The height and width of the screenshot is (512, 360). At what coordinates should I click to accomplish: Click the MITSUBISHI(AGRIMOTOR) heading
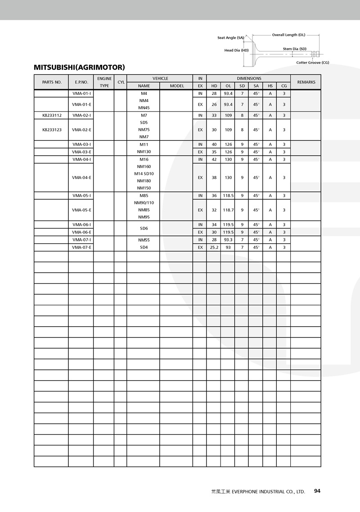(x=79, y=67)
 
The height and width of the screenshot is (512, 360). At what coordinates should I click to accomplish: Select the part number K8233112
(x=52, y=115)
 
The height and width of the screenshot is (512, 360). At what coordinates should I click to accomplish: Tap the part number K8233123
(x=52, y=130)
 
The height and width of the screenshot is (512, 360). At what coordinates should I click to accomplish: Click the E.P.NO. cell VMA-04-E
(x=81, y=177)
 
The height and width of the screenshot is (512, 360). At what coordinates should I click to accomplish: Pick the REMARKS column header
(x=306, y=82)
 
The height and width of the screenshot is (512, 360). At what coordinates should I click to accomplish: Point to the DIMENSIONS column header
(x=249, y=78)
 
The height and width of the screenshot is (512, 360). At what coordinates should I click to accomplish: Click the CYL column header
(x=121, y=82)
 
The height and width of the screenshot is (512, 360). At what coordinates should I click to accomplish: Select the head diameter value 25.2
(x=214, y=247)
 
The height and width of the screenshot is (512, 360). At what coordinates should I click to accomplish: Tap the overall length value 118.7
(x=228, y=210)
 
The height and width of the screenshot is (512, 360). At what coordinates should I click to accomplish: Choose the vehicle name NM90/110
(x=144, y=202)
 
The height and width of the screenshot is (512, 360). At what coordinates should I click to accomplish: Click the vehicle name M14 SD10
(x=144, y=174)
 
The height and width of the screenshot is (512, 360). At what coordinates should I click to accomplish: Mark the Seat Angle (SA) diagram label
(x=230, y=38)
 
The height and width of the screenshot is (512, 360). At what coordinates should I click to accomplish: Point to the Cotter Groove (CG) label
(x=312, y=63)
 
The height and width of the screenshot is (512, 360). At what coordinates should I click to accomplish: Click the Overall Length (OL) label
(x=288, y=35)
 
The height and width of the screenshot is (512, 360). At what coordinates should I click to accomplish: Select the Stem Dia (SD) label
(x=294, y=49)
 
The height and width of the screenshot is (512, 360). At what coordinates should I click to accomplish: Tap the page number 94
(x=317, y=491)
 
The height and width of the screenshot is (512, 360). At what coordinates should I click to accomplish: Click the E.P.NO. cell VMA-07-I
(x=81, y=240)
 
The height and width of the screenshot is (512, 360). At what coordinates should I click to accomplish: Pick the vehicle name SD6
(x=144, y=228)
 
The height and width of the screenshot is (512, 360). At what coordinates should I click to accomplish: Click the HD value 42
(x=214, y=159)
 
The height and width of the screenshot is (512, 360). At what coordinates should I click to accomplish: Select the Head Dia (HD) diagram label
(x=236, y=50)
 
